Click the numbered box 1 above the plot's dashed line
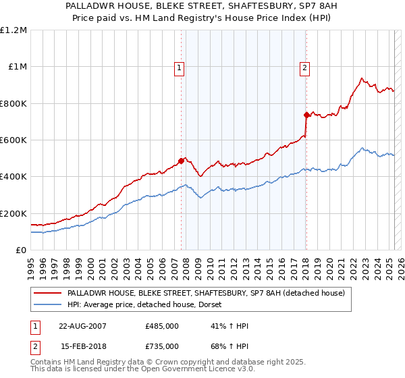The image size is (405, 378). click(x=180, y=67)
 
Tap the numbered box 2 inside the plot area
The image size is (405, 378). click(x=305, y=67)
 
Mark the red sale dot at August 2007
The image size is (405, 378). click(x=182, y=161)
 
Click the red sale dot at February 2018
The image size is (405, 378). click(x=306, y=115)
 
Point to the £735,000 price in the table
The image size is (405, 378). click(x=162, y=346)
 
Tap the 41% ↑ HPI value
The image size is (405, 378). click(x=230, y=326)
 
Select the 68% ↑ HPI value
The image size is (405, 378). click(x=230, y=346)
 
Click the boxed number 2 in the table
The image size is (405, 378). click(x=35, y=346)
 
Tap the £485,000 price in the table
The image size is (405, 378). click(x=162, y=326)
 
